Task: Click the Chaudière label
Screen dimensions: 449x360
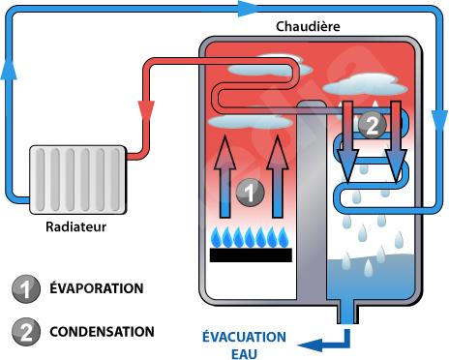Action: [x=308, y=26]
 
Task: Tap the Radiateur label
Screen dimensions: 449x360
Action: [x=75, y=226]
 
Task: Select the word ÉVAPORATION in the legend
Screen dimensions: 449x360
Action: [x=97, y=287]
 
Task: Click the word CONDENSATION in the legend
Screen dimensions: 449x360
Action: [x=102, y=332]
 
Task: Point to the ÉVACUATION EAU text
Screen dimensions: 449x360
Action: [x=244, y=345]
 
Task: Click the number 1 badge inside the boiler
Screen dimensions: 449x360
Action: [x=251, y=193]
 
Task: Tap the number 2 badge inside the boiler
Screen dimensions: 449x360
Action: [x=373, y=125]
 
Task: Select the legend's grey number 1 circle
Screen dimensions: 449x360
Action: [x=26, y=288]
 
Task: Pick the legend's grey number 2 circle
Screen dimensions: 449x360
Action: [x=26, y=332]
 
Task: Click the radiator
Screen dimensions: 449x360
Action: [x=77, y=180]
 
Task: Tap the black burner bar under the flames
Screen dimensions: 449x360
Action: [x=251, y=255]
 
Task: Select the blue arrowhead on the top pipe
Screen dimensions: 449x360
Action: [x=247, y=9]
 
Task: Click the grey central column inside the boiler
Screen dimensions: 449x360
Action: [x=312, y=201]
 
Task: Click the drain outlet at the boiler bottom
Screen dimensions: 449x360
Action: [x=347, y=312]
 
